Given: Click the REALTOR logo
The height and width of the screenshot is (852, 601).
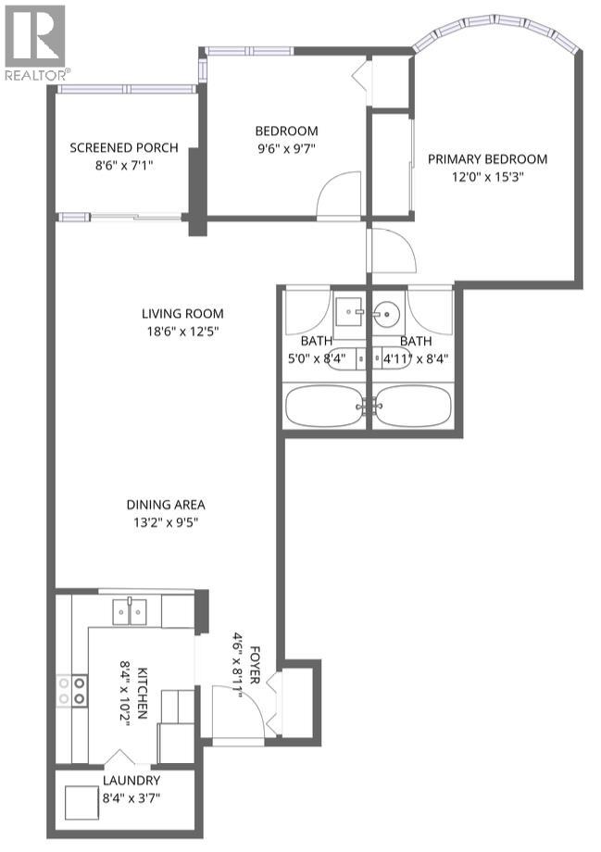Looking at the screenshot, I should (35, 42).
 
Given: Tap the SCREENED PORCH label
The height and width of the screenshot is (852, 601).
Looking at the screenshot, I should (124, 148).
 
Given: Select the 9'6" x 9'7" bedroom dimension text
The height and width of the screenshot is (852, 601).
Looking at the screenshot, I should (286, 149).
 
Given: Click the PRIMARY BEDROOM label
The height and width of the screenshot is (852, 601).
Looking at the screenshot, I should (487, 158).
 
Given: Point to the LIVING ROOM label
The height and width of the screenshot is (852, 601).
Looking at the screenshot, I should (182, 313).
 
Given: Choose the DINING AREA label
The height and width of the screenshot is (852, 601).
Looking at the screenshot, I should (166, 505).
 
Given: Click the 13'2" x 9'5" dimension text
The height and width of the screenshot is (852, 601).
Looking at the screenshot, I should (166, 521).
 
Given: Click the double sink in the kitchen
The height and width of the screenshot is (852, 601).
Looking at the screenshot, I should (130, 610).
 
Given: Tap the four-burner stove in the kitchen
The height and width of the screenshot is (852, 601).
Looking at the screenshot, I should (72, 688).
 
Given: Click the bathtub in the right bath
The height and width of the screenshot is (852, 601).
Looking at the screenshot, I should (413, 405).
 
